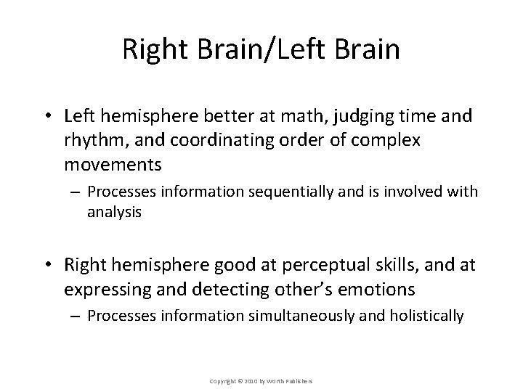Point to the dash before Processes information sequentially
click(x=75, y=192)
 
